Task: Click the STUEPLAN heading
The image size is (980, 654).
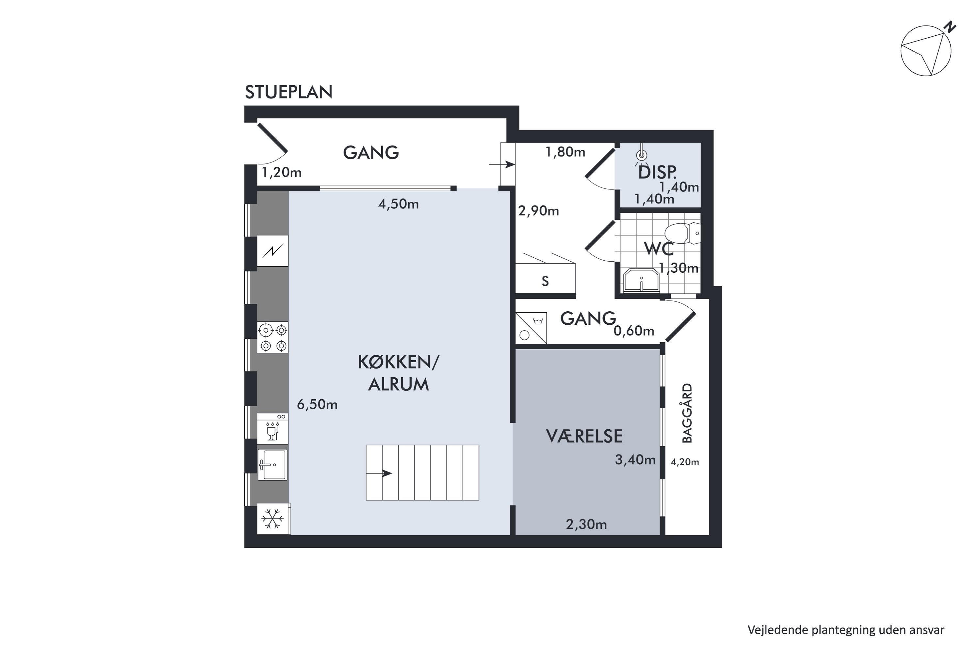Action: coord(288,92)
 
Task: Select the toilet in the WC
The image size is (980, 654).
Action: coord(682,233)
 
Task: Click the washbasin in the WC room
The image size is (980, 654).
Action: coord(641,280)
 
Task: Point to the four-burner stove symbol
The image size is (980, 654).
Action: coord(273,337)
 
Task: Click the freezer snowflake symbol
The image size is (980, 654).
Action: coord(273,519)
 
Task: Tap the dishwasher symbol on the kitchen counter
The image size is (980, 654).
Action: coord(272,428)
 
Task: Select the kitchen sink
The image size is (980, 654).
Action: coord(272,465)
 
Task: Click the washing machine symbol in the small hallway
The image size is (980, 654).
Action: coord(531,328)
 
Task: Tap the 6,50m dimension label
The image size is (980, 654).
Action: coord(317,404)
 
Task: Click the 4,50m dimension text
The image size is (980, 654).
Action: coord(398,204)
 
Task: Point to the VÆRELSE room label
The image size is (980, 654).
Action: coord(584,436)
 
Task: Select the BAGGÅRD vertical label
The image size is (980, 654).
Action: coord(687,413)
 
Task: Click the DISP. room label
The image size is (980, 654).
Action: coord(657,172)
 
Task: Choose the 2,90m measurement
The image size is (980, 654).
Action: coord(538,211)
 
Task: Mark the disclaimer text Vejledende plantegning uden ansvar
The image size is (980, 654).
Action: coord(846,630)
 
